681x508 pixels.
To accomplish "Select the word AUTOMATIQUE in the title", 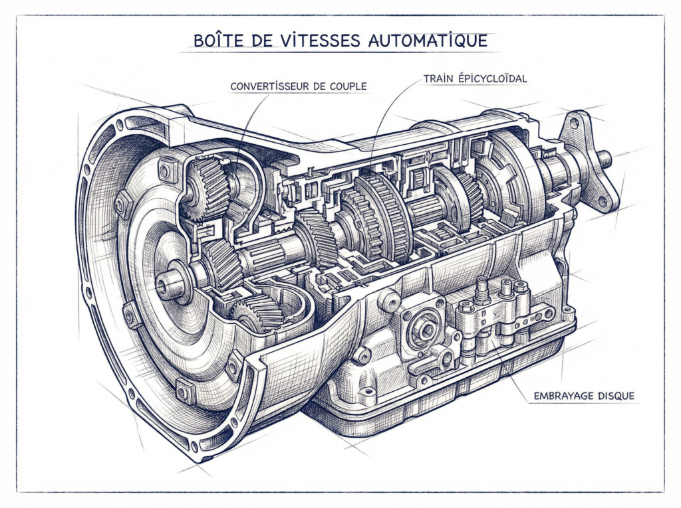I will tap(426, 41).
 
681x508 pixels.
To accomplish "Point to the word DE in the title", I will tap(248, 41).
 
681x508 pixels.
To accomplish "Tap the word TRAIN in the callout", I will tap(437, 79).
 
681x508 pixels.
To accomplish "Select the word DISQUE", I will tap(616, 396).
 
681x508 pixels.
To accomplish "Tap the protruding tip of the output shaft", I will tap(607, 158).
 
